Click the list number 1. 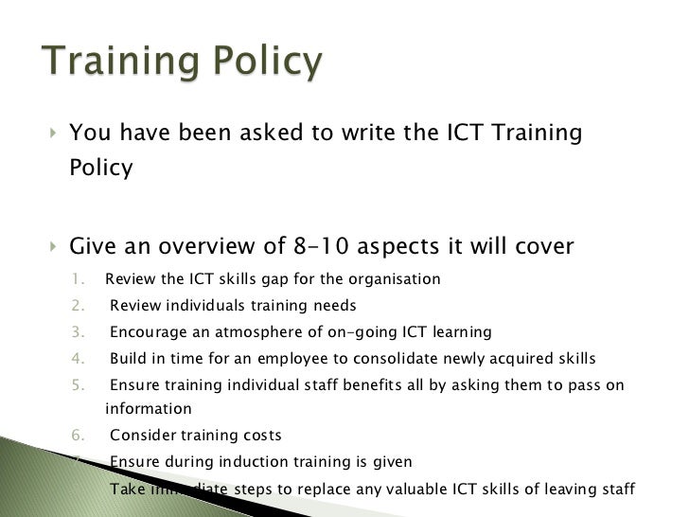tap(79, 279)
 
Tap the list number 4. tap(79, 359)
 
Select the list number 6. tap(79, 436)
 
